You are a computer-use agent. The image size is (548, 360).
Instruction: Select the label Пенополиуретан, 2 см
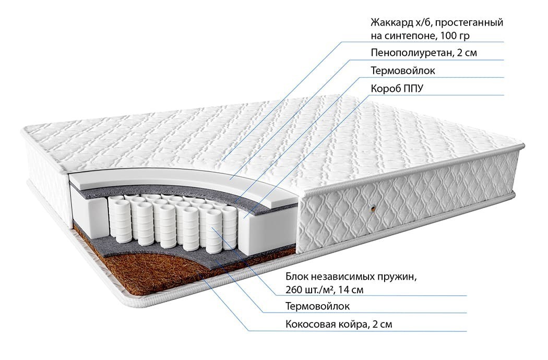[424, 53]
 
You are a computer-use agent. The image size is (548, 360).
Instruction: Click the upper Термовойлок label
[402, 70]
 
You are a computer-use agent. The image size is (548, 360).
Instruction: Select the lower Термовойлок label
[318, 306]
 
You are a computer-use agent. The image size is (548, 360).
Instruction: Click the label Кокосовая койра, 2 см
[339, 324]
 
